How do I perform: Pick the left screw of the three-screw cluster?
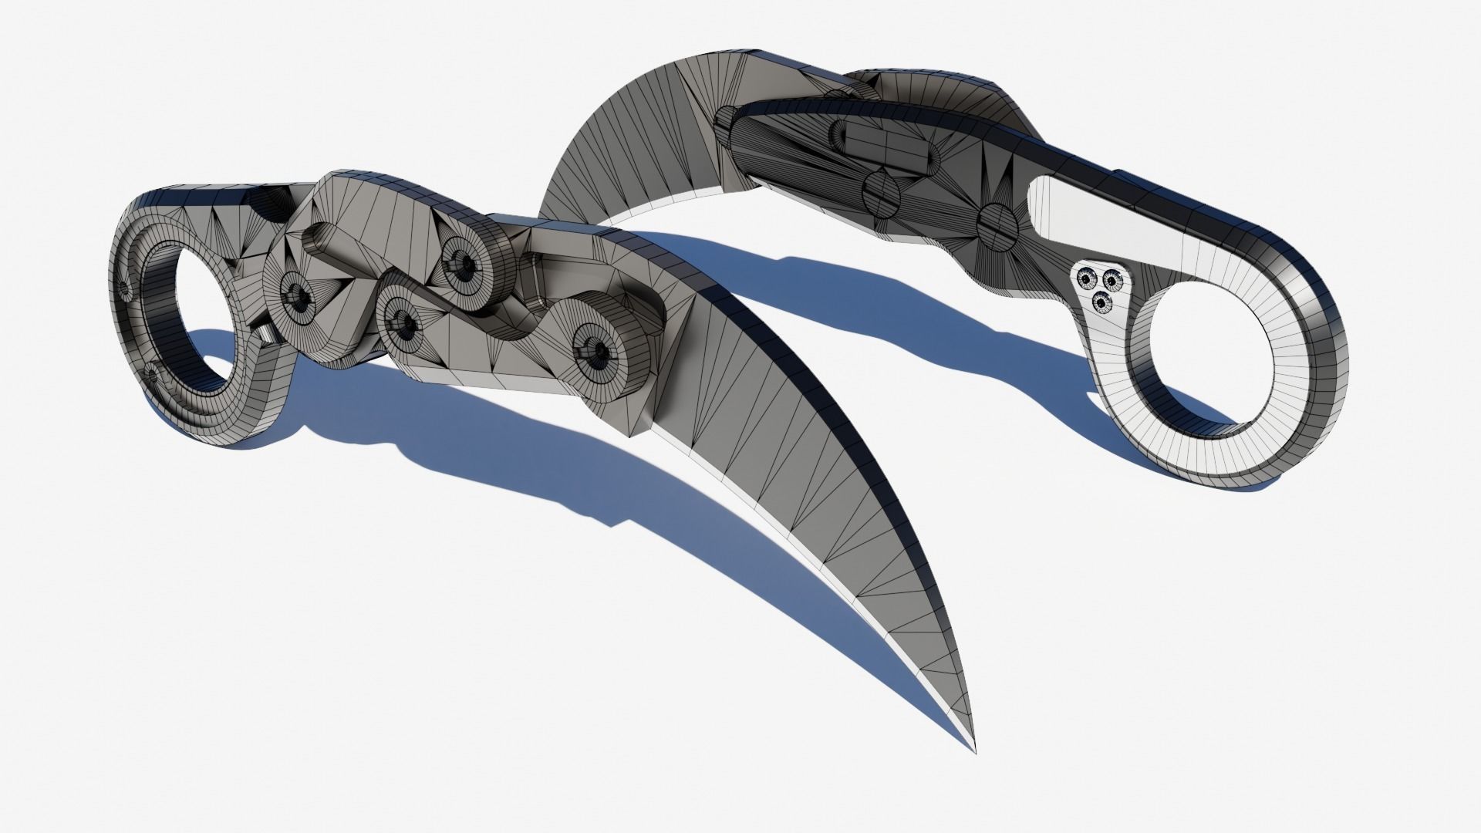click(1086, 275)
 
